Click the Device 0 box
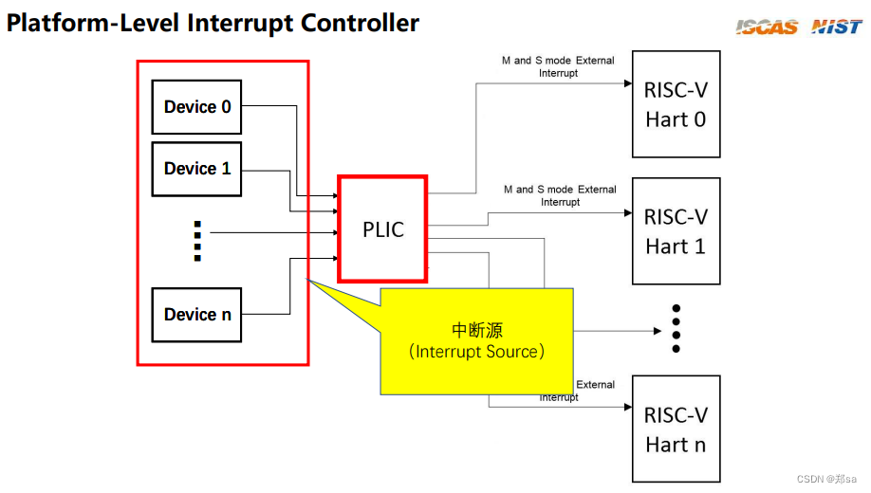tap(197, 107)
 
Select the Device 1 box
tap(197, 169)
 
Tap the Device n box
tap(197, 315)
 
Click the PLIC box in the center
tap(383, 229)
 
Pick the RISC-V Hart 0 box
tap(676, 105)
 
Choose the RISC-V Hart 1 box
tap(676, 231)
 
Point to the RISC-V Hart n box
tap(676, 429)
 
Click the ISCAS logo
tap(767, 27)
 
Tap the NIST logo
tap(837, 27)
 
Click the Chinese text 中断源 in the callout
tap(477, 330)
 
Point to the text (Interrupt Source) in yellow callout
tap(477, 352)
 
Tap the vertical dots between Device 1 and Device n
tap(197, 241)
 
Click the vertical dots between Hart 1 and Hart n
tap(676, 329)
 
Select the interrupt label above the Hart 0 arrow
tap(558, 66)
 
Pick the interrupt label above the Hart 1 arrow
tap(560, 195)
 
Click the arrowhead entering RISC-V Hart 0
tap(627, 83)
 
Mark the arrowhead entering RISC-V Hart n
tap(627, 407)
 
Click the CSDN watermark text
tap(825, 480)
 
